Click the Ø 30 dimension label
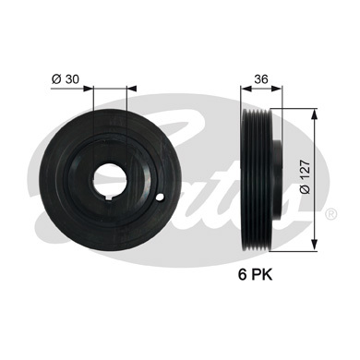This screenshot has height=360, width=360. (66, 79)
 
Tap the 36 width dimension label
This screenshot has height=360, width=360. (261, 79)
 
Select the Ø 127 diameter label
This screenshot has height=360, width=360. (305, 176)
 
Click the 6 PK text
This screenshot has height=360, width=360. (255, 274)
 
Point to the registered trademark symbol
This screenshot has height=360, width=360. (330, 213)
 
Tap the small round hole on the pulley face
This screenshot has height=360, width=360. (161, 198)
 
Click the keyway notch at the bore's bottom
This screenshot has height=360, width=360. (110, 198)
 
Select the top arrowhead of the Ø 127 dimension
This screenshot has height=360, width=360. (314, 114)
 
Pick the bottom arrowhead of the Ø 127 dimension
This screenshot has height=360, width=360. (314, 245)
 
